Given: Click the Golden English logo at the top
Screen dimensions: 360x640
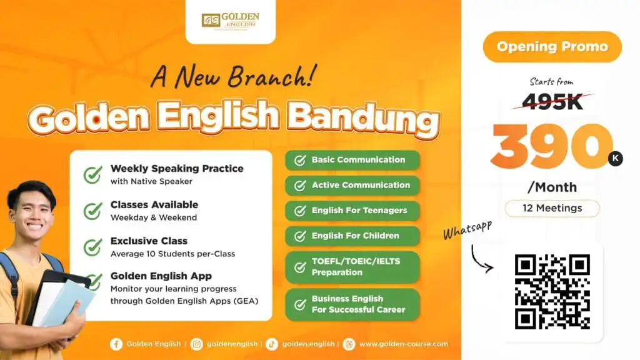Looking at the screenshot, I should click(231, 20).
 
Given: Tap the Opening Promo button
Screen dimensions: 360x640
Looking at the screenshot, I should click(552, 47).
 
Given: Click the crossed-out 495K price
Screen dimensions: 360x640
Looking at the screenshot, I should click(552, 101).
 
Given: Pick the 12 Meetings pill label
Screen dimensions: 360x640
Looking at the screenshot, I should click(552, 208).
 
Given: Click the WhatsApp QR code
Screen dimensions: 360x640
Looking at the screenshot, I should click(552, 292).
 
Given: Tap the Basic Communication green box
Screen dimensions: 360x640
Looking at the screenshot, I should click(352, 160).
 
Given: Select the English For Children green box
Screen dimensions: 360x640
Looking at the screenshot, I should click(352, 236).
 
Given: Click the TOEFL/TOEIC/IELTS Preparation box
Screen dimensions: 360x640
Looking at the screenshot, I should click(352, 267).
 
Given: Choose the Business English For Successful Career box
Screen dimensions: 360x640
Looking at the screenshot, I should click(352, 304).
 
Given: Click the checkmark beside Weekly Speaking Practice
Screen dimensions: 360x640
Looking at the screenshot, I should click(92, 174).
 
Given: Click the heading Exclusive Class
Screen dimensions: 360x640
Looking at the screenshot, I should click(149, 241).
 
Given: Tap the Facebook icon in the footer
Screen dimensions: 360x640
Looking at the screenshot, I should click(116, 344).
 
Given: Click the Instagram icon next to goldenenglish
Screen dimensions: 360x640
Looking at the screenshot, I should click(197, 344).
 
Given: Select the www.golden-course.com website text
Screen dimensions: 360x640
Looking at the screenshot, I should click(403, 344).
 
